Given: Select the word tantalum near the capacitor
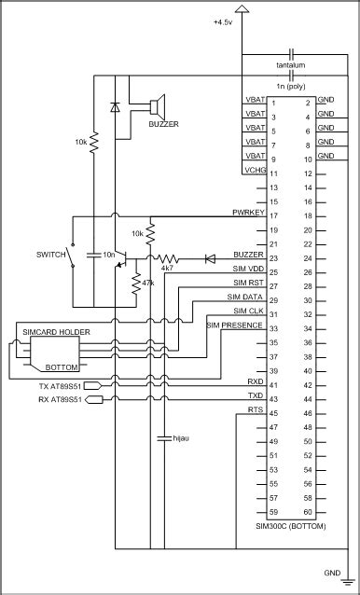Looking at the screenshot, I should pos(292,65).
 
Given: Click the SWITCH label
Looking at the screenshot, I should pos(50,254).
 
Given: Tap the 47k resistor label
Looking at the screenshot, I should pos(146,281).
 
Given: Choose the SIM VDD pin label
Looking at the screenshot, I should pos(246,268).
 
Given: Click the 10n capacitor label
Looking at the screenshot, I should pos(109,254).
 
